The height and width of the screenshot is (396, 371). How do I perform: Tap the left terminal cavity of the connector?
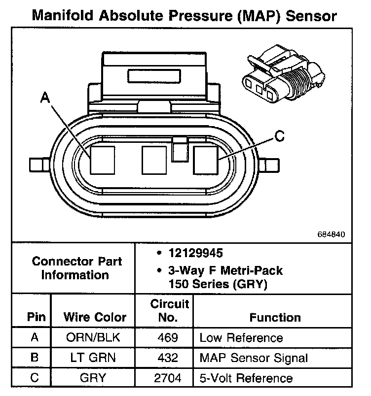102,160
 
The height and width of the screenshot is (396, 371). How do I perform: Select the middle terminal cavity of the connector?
154,160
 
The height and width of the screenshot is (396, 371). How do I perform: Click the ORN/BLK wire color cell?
92,338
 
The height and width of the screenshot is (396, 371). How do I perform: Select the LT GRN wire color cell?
92,358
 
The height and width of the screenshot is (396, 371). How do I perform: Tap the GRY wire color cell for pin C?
92,378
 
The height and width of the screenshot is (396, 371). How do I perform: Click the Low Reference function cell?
241,338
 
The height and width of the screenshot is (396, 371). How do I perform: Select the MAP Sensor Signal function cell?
254,358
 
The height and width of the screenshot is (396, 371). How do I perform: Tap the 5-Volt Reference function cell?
246,378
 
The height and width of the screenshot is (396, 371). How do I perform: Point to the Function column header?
275,318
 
